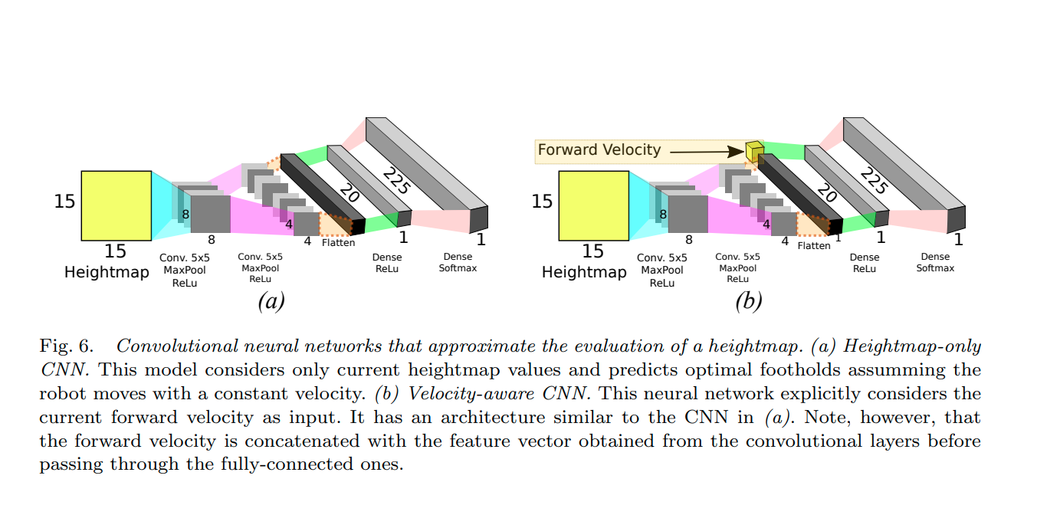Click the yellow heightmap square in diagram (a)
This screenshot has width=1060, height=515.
point(116,205)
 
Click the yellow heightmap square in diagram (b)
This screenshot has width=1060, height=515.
point(593,205)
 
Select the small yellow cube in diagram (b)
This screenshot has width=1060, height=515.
point(754,151)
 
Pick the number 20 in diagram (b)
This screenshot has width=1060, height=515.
point(826,193)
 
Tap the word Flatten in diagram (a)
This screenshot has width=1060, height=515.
point(338,244)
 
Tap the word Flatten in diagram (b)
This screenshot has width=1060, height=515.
point(813,246)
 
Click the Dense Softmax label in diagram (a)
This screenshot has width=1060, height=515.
point(458,262)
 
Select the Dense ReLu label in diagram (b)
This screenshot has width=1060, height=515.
point(865,263)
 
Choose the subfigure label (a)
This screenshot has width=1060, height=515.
point(271,301)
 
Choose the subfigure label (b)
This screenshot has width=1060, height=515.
point(748,301)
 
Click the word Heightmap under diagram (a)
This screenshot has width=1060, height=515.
point(107,272)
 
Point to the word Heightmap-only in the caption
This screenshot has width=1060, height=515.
point(912,346)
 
